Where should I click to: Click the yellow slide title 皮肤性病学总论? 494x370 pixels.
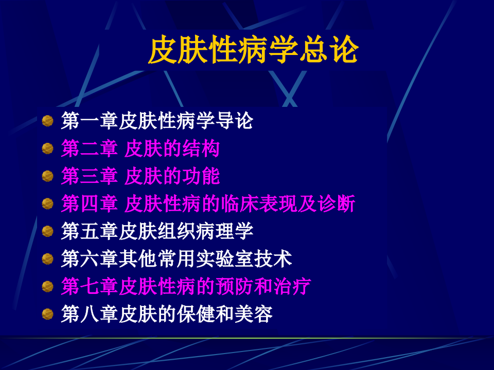coord(253,50)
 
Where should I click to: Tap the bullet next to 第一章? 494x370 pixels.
coord(48,121)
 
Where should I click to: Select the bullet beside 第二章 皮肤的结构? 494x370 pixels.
coord(48,149)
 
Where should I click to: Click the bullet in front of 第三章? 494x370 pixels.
coord(48,176)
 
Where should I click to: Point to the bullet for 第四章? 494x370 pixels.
coord(48,204)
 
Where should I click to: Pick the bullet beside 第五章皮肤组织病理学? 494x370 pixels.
coord(48,231)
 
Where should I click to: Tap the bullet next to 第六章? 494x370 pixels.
coord(48,258)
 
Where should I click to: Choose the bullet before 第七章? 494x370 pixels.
coord(48,286)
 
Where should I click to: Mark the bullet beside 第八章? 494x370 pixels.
coord(48,313)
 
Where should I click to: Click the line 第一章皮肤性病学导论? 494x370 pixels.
coord(157,121)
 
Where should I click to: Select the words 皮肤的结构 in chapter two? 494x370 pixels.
coord(172,149)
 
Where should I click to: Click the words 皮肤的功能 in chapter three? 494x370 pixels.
coord(172,176)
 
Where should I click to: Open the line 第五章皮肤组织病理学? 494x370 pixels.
coord(157,231)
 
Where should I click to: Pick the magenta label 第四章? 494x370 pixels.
coord(90,204)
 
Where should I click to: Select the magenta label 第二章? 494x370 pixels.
coord(90,149)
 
